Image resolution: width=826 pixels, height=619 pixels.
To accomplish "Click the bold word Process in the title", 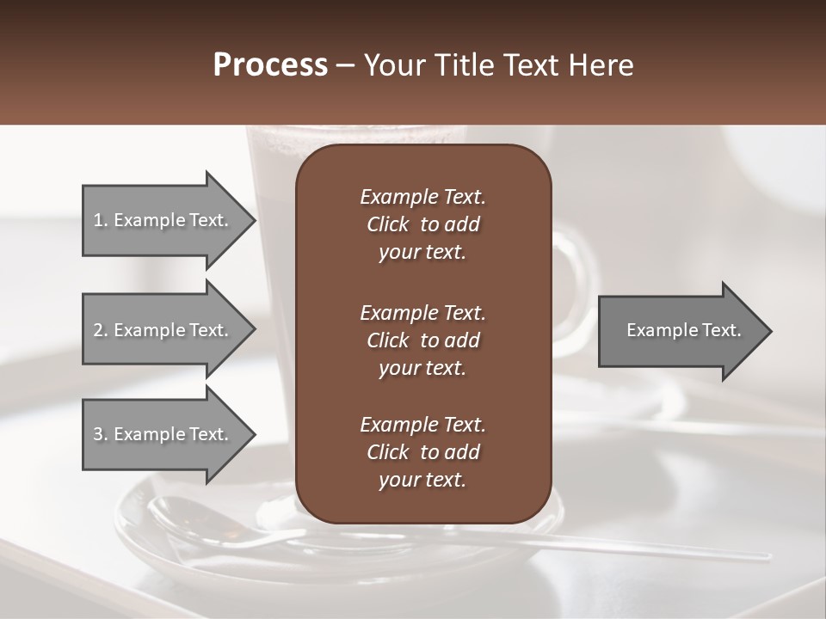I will [x=270, y=65].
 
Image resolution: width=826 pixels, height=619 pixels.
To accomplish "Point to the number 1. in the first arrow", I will [x=101, y=220].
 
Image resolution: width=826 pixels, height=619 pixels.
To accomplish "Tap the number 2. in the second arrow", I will [x=101, y=330].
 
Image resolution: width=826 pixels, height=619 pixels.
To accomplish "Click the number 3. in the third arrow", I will [x=101, y=434].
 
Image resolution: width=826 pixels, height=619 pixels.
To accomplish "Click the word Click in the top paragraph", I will [x=387, y=224].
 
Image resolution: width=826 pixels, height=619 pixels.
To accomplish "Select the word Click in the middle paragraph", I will [x=387, y=340].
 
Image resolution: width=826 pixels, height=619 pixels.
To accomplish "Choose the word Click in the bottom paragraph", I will [x=387, y=452].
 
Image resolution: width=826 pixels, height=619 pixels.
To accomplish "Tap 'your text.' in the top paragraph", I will [x=422, y=253].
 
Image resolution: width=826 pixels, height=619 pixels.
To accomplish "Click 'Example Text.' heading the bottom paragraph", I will [x=422, y=425].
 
